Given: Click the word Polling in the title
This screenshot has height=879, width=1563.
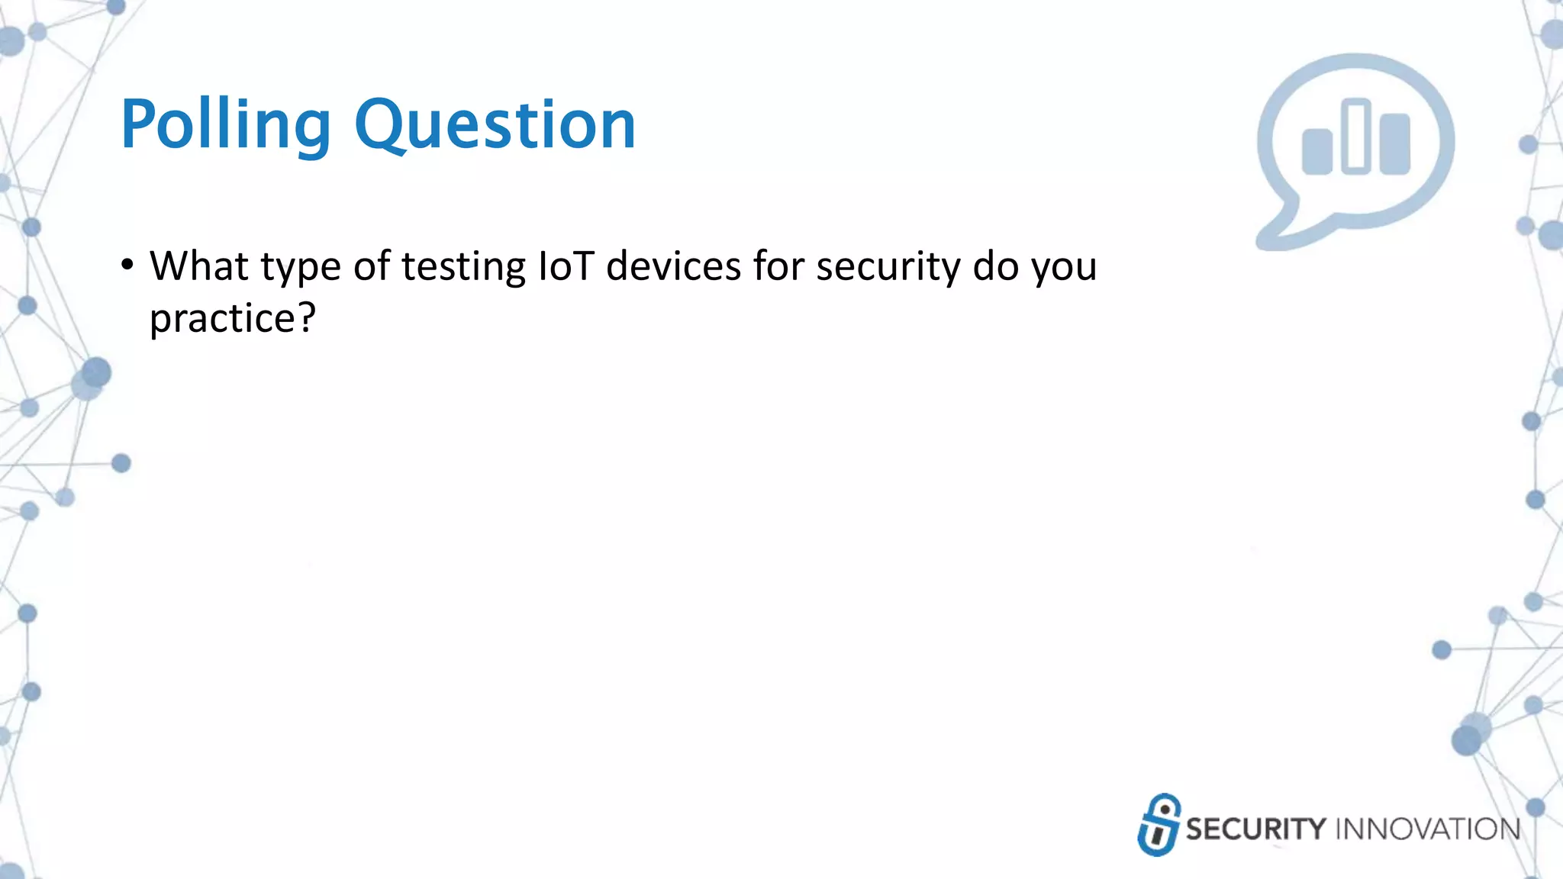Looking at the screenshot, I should click(x=226, y=124).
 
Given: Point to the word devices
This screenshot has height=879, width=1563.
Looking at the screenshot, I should click(x=674, y=266).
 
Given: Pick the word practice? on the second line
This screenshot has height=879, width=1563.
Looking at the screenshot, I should click(x=232, y=318).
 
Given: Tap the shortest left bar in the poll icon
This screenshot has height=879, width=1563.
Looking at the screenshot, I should click(x=1317, y=152).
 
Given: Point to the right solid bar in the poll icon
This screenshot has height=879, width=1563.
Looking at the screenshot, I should click(x=1395, y=144).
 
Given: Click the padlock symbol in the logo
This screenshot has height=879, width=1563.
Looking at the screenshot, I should click(x=1159, y=826).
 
